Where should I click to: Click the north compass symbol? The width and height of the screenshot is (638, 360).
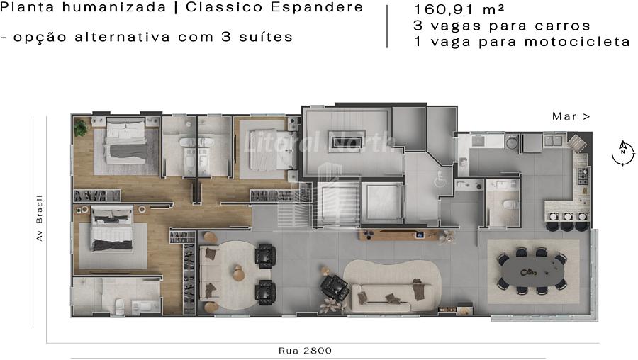pyautogui.click(x=623, y=152)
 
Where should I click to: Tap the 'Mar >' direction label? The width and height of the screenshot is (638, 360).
pyautogui.click(x=571, y=116)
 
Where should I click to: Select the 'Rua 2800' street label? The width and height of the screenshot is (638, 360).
pyautogui.click(x=305, y=351)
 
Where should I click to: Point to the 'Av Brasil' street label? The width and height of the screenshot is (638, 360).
pyautogui.click(x=40, y=218)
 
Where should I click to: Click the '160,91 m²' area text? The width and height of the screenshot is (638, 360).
pyautogui.click(x=459, y=9)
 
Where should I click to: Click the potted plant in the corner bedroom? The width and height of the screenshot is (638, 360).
pyautogui.click(x=81, y=128)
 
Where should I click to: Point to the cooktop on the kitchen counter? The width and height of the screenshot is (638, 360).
pyautogui.click(x=583, y=176)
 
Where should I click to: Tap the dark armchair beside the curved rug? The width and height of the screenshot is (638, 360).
pyautogui.click(x=334, y=286)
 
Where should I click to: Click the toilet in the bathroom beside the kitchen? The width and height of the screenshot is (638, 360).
pyautogui.click(x=509, y=203)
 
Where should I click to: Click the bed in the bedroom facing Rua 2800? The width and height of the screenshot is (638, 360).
pyautogui.click(x=112, y=227)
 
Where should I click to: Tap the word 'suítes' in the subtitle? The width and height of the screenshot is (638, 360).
pyautogui.click(x=266, y=37)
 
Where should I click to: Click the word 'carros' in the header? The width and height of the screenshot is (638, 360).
pyautogui.click(x=562, y=26)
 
